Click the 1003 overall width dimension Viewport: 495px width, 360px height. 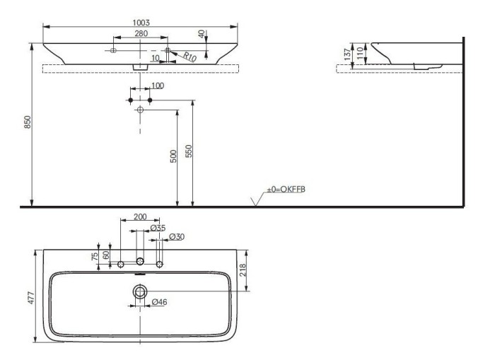click(x=141, y=23)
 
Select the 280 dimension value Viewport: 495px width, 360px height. click(x=141, y=33)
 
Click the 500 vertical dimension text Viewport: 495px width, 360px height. click(x=173, y=156)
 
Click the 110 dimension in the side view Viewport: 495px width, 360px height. click(x=361, y=52)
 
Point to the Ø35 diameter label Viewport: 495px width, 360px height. click(x=158, y=228)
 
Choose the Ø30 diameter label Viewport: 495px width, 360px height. click(x=177, y=237)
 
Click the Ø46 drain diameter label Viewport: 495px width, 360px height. click(x=160, y=303)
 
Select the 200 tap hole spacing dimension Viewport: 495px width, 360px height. click(x=140, y=216)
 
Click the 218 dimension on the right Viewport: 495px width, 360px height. click(x=243, y=269)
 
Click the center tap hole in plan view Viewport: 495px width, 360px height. click(x=140, y=263)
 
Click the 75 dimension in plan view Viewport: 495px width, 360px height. click(x=95, y=256)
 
